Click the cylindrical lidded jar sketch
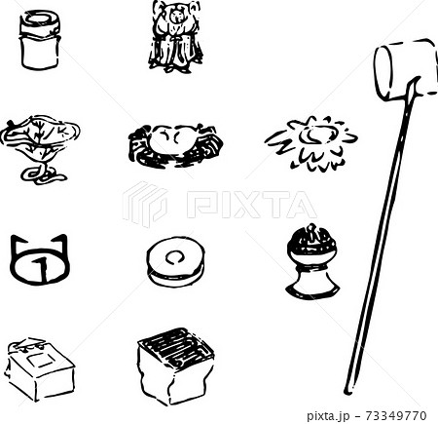pyautogui.click(x=40, y=40)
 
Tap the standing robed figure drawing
pyautogui.click(x=175, y=36)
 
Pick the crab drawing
pyautogui.click(x=175, y=145)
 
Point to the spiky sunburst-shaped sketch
pyautogui.click(x=311, y=142)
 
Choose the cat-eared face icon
pyautogui.click(x=40, y=259)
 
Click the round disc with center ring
pyautogui.click(x=175, y=261)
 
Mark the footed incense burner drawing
pyautogui.click(x=312, y=261)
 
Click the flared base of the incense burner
pyautogui.click(x=312, y=283)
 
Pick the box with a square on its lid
pyautogui.click(x=40, y=369)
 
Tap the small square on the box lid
pyautogui.click(x=41, y=360)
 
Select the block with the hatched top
pyautogui.click(x=175, y=366)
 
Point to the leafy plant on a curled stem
pyautogui.click(x=40, y=149)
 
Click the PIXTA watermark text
pyautogui.click(x=251, y=205)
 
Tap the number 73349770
pyautogui.click(x=395, y=415)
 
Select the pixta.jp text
pyautogui.click(x=328, y=416)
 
